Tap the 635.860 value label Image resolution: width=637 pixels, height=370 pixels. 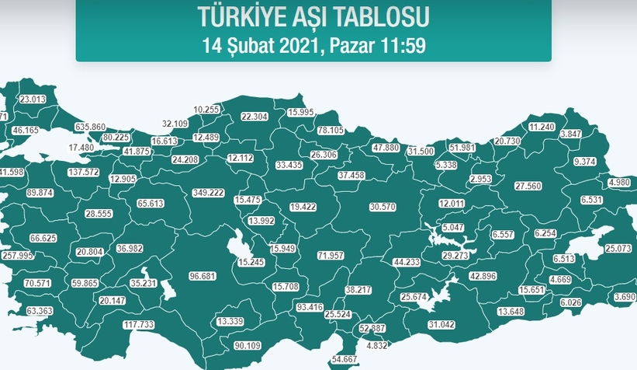(x=90, y=126)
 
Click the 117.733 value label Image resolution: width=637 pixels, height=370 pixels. (x=139, y=325)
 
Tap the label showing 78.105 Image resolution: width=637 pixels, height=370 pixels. (x=331, y=130)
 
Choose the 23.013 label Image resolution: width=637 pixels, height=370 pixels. (x=33, y=99)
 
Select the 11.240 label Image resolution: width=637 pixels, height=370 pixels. (x=541, y=127)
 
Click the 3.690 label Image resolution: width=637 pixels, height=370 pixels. (x=625, y=296)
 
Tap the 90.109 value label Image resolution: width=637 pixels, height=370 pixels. (x=248, y=345)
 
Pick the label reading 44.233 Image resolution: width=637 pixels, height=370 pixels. (x=407, y=263)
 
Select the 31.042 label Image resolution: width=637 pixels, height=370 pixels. (x=441, y=324)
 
